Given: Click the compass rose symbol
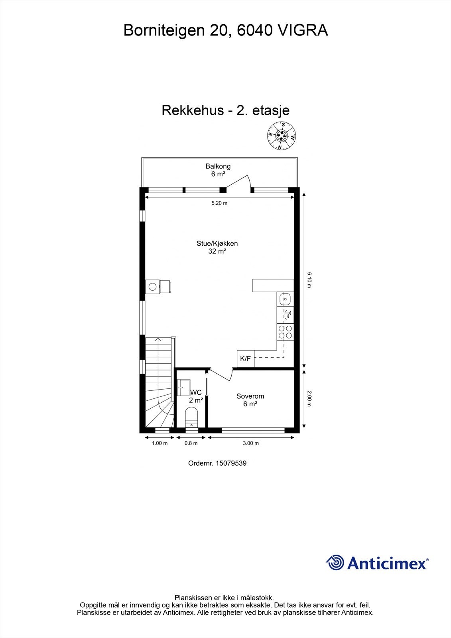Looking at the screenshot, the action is tap(282, 136).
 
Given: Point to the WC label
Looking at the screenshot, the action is tap(196, 392).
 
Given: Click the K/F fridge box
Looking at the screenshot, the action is tap(246, 358).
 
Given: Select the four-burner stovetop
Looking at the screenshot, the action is tap(285, 332).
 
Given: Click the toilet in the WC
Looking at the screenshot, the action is tap(191, 417).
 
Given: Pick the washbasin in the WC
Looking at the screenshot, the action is tap(184, 387).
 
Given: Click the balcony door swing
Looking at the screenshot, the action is tap(238, 184).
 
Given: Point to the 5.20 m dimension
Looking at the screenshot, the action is tap(219, 203).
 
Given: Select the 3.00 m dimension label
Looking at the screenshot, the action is tap(251, 443).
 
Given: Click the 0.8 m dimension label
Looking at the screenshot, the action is tap(191, 443).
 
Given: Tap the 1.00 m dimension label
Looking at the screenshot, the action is tap(160, 443).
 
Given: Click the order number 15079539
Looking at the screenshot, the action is tap(231, 463).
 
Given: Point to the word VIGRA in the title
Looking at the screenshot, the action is tap(303, 30).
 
